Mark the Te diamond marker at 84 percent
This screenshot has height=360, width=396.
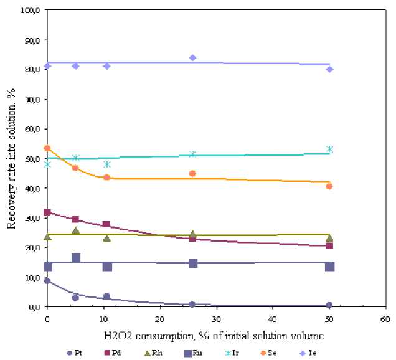193,58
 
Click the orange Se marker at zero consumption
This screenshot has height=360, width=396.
47,148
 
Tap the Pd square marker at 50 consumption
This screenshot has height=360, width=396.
329,245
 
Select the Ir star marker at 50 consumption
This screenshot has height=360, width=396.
329,149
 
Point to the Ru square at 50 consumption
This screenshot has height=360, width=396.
329,267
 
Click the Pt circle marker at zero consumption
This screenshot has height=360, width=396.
47,281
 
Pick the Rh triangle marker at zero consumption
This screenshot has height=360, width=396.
47,236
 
